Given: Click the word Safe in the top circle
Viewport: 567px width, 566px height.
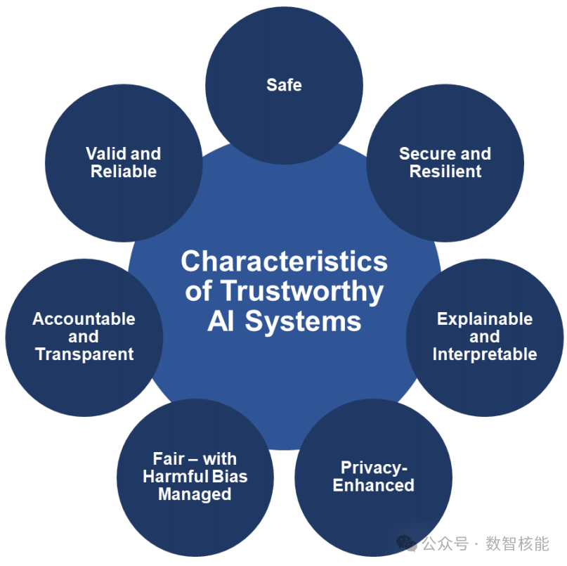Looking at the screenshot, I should coord(284,85).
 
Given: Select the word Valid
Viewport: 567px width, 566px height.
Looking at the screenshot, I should coord(106,153).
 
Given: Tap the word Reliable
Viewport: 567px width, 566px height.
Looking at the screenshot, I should coord(124,171).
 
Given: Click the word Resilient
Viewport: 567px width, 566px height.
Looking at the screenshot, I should coord(445,171).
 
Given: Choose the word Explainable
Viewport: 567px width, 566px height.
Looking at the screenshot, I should coord(484,319).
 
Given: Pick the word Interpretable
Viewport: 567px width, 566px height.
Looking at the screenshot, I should coord(484,354).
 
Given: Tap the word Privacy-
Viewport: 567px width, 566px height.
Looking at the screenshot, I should coord(374,468).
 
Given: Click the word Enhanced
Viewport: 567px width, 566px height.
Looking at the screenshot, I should coord(373,485).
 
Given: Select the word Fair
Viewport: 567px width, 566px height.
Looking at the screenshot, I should coord(169,459).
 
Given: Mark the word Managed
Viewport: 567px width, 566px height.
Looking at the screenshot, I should coord(195,494).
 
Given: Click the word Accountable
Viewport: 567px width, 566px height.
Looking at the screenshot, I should coord(84,319).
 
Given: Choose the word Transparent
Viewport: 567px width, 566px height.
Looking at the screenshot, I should coord(84,354).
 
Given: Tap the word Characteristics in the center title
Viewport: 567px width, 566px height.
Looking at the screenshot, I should coord(284,262).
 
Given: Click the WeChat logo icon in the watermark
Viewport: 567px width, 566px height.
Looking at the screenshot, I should coord(406,543).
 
